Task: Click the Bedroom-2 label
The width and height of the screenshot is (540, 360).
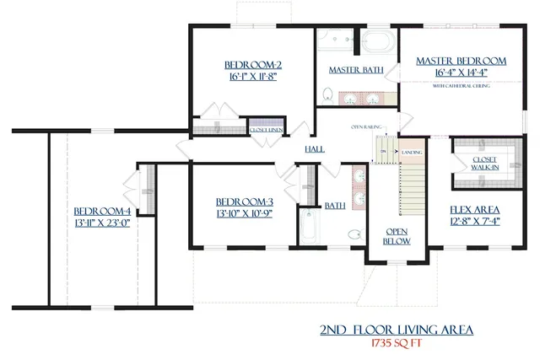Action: [x=252, y=65]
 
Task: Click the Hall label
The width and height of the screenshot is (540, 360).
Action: [x=315, y=149]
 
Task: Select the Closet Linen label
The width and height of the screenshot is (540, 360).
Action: [x=266, y=130]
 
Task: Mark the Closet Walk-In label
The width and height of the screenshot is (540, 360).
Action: [x=483, y=163]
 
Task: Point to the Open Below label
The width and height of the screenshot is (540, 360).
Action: [x=397, y=236]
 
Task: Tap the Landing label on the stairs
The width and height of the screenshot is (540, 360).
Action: [x=413, y=152]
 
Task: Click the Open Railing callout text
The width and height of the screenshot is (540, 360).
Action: [x=366, y=127]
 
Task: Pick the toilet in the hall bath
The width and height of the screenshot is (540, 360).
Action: [x=355, y=234]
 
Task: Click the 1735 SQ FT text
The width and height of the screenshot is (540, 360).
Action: [x=395, y=344]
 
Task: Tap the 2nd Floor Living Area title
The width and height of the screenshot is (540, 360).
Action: [x=395, y=330]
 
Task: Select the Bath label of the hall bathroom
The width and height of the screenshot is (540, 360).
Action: [x=334, y=205]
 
